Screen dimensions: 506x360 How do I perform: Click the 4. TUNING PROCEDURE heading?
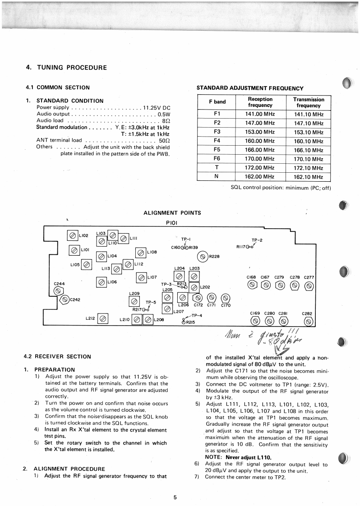click(x=66, y=68)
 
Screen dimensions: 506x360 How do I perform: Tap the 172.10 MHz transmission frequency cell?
click(x=309, y=168)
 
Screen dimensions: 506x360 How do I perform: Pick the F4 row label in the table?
click(x=217, y=141)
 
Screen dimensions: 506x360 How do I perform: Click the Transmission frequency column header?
click(x=309, y=102)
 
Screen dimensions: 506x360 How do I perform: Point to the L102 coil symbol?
click(x=72, y=235)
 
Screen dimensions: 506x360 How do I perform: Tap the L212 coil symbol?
click(x=103, y=319)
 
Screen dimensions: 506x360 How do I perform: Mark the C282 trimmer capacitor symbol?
click(x=309, y=321)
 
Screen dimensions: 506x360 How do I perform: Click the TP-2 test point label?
click(x=257, y=240)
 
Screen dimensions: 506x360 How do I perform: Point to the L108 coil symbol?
click(x=140, y=253)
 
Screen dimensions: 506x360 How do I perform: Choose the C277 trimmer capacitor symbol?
click(x=309, y=285)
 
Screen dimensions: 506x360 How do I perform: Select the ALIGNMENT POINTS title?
click(x=172, y=213)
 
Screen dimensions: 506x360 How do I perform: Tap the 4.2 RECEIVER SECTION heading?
click(x=57, y=356)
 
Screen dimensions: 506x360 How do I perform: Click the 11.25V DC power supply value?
click(x=156, y=108)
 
